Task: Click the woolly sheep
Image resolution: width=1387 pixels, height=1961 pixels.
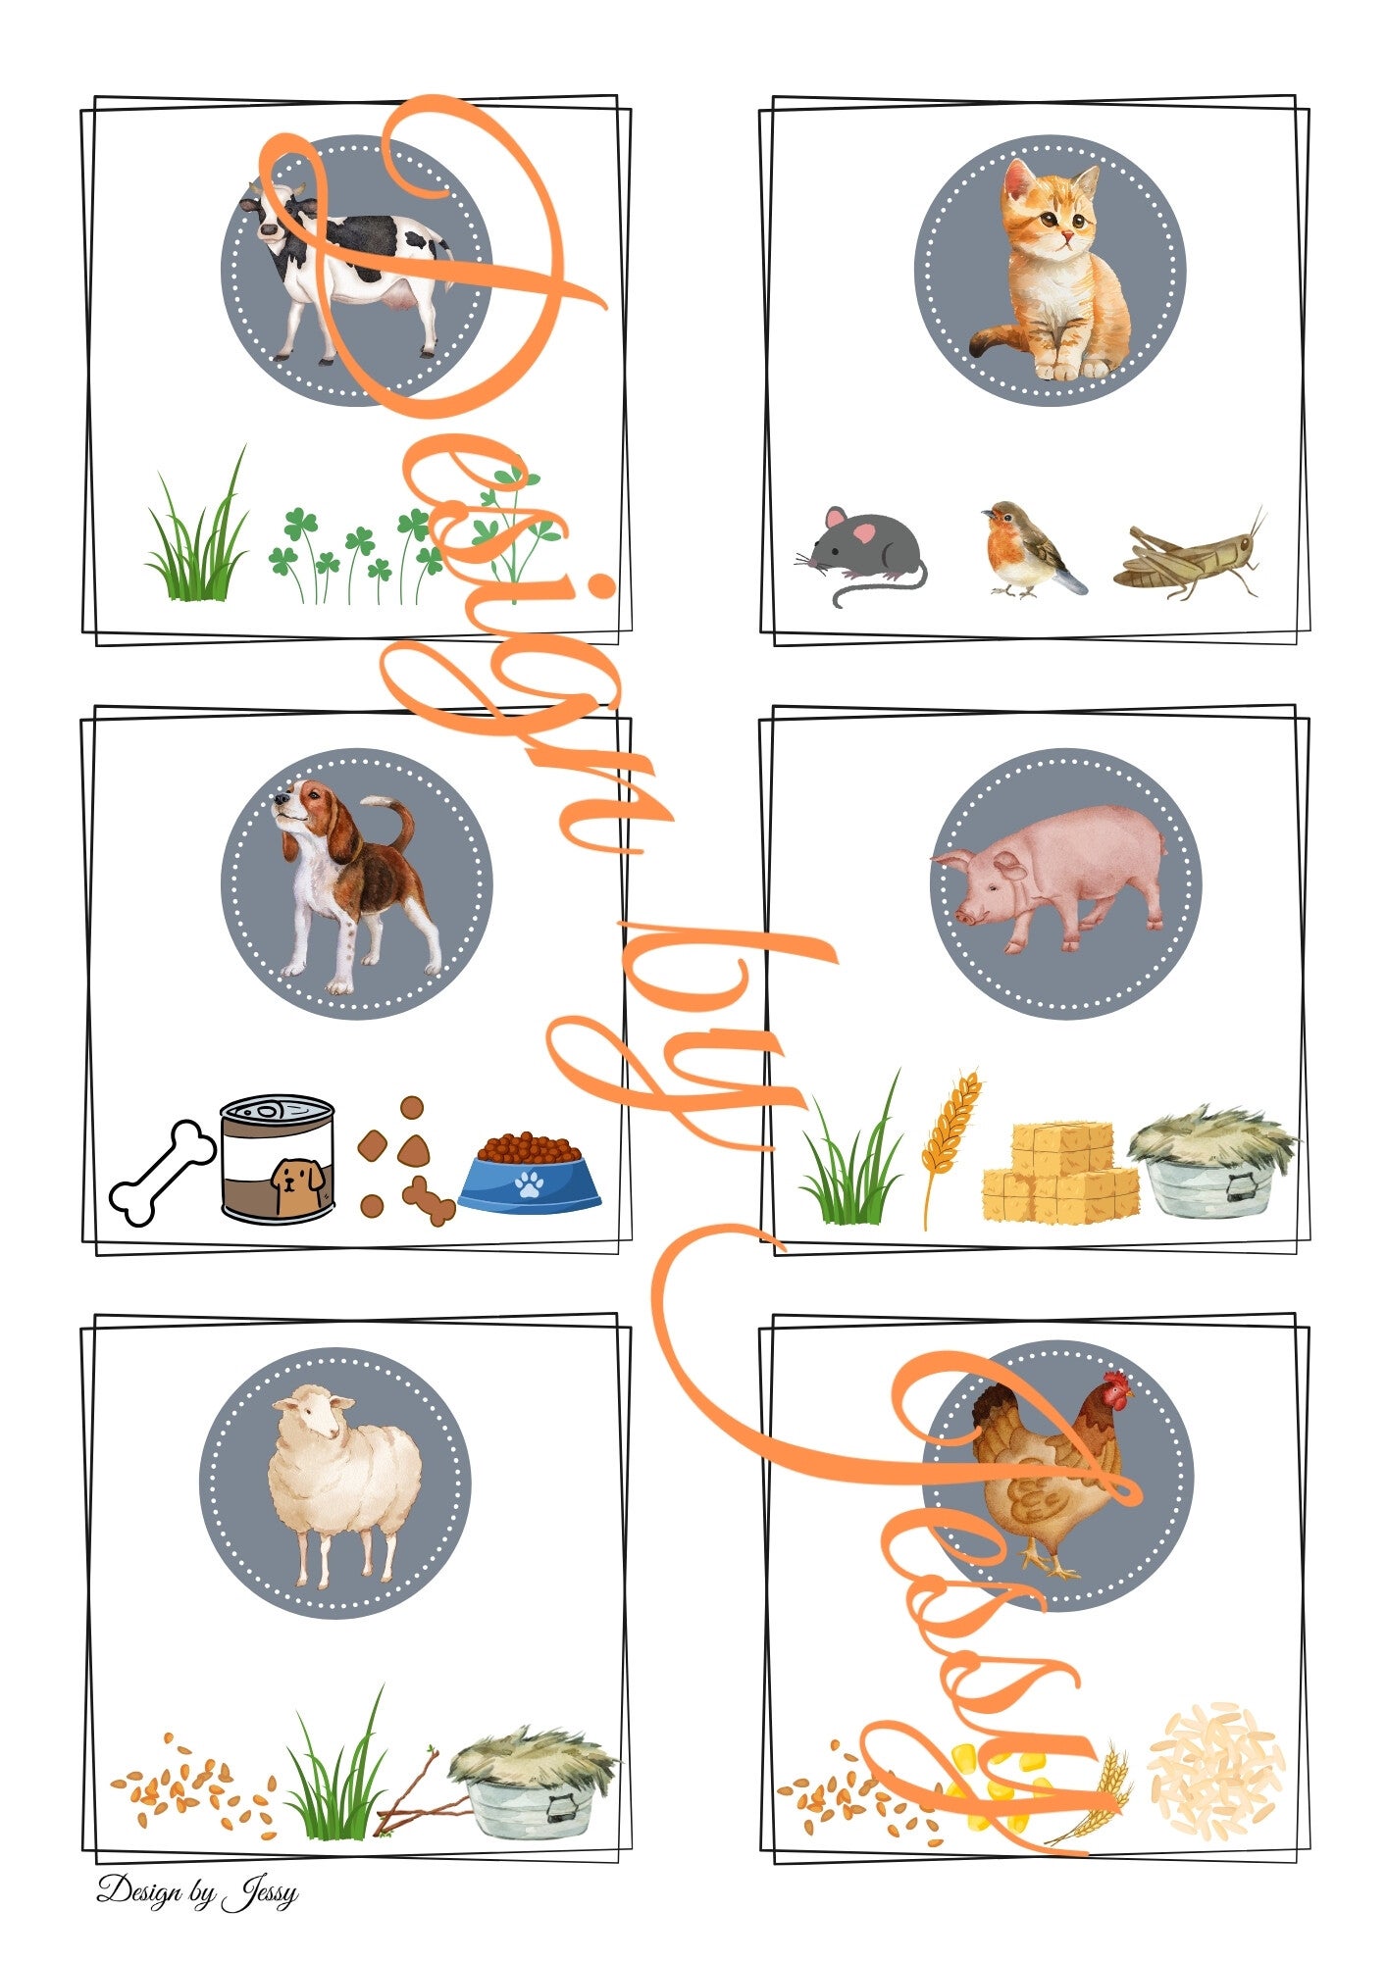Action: point(345,1481)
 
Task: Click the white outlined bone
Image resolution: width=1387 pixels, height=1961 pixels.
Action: point(162,1173)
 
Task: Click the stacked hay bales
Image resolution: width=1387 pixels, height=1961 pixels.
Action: point(1060,1172)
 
